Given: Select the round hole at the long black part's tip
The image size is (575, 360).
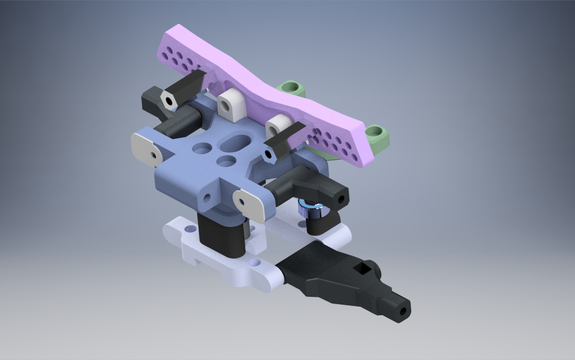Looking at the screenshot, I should click(x=403, y=311).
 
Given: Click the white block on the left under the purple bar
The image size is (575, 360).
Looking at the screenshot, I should click(x=231, y=105).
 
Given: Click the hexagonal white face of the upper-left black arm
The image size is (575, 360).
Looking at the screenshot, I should click(x=168, y=99).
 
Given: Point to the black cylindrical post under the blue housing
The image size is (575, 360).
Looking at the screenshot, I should click(x=222, y=235).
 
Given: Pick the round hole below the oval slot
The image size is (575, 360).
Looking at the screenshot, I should click(x=226, y=162).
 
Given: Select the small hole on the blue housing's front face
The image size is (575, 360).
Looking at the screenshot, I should click(x=207, y=198).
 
